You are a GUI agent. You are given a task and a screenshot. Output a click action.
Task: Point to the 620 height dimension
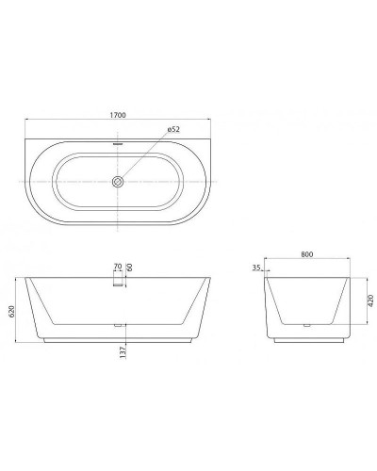click(12, 311)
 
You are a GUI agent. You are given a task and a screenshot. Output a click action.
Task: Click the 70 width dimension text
click(117, 268)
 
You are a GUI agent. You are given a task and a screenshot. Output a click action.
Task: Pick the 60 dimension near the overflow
click(130, 268)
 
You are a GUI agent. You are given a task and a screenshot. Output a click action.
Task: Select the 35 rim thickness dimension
click(256, 268)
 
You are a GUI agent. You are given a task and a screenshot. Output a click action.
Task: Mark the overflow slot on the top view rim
click(119, 143)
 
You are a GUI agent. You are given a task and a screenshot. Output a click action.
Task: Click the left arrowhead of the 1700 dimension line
click(27, 121)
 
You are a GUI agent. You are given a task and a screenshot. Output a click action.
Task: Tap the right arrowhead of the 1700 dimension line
click(211, 121)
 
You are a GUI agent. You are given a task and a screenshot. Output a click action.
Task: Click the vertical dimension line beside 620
click(19, 311)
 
